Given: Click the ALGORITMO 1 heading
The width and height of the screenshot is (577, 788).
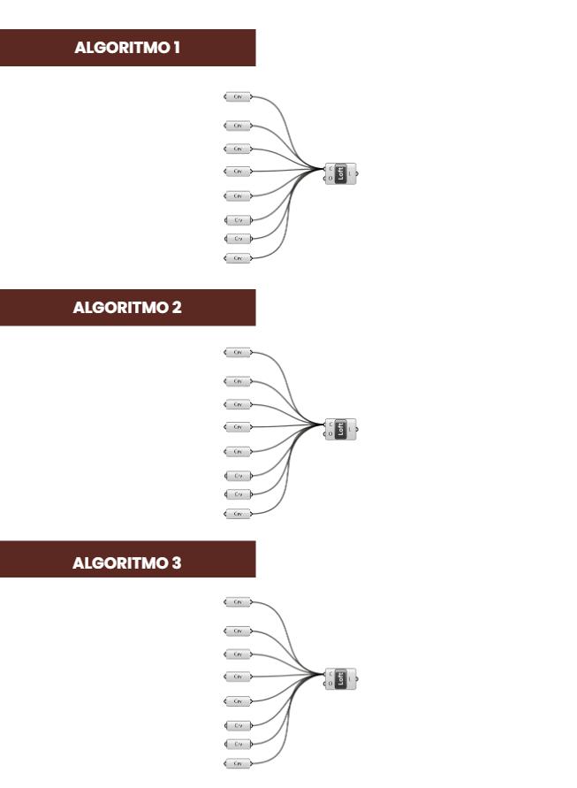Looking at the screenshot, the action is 128,48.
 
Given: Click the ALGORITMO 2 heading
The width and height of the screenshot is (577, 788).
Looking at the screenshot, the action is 128,308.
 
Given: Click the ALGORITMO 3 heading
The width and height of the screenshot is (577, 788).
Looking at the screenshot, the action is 128,560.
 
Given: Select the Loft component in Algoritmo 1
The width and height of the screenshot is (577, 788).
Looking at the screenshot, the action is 341,173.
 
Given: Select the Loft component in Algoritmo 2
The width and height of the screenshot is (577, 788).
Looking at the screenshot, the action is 341,429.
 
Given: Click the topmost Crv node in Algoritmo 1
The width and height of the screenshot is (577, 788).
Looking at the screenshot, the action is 238,96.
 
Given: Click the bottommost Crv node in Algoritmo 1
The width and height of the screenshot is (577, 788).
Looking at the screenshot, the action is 238,258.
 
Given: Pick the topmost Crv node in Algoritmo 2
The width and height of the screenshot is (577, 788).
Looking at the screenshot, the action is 238,352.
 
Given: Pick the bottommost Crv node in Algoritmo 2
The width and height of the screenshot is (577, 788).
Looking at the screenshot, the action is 238,514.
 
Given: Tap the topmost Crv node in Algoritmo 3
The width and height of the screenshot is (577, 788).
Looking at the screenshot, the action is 238,602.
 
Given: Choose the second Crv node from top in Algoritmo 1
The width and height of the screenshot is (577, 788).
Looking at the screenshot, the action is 238,126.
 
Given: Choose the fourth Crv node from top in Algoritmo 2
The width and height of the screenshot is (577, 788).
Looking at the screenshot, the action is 238,427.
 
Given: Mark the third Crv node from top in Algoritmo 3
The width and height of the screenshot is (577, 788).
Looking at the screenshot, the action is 238,654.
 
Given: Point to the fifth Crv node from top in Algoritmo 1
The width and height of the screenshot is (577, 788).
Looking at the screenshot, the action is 238,195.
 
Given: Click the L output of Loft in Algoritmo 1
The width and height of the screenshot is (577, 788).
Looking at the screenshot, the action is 351,173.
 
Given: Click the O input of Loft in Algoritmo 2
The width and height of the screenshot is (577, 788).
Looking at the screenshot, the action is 330,434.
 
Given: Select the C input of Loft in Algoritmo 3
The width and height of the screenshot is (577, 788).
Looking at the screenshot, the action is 330,674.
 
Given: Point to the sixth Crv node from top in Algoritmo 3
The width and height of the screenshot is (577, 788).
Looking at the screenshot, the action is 238,726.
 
